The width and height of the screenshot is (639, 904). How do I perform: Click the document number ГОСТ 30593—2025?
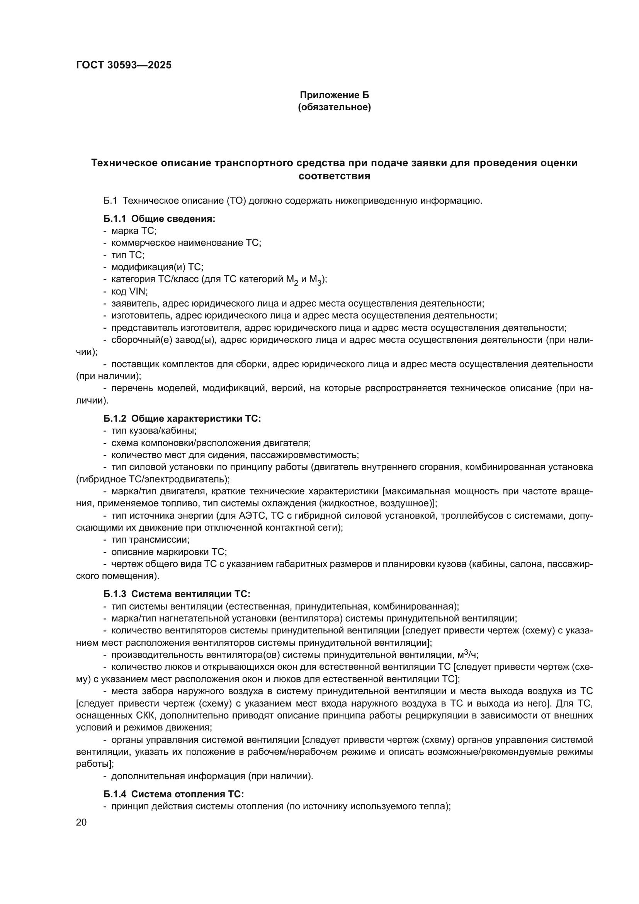point(124,65)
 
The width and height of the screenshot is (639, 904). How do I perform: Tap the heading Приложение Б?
point(334,95)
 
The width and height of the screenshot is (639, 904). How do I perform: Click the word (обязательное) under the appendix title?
point(334,107)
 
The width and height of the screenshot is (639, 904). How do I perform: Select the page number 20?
point(81,822)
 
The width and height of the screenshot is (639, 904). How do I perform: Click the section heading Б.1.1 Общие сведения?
point(159,219)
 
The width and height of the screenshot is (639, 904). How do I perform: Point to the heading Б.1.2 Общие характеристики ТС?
point(182,419)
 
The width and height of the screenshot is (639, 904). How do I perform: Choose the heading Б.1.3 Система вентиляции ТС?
point(177,594)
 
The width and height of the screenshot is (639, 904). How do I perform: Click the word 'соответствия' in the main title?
point(334,176)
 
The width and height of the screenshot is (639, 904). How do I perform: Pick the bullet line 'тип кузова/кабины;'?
point(154,431)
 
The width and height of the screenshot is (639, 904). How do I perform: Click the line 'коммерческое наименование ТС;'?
point(186,243)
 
